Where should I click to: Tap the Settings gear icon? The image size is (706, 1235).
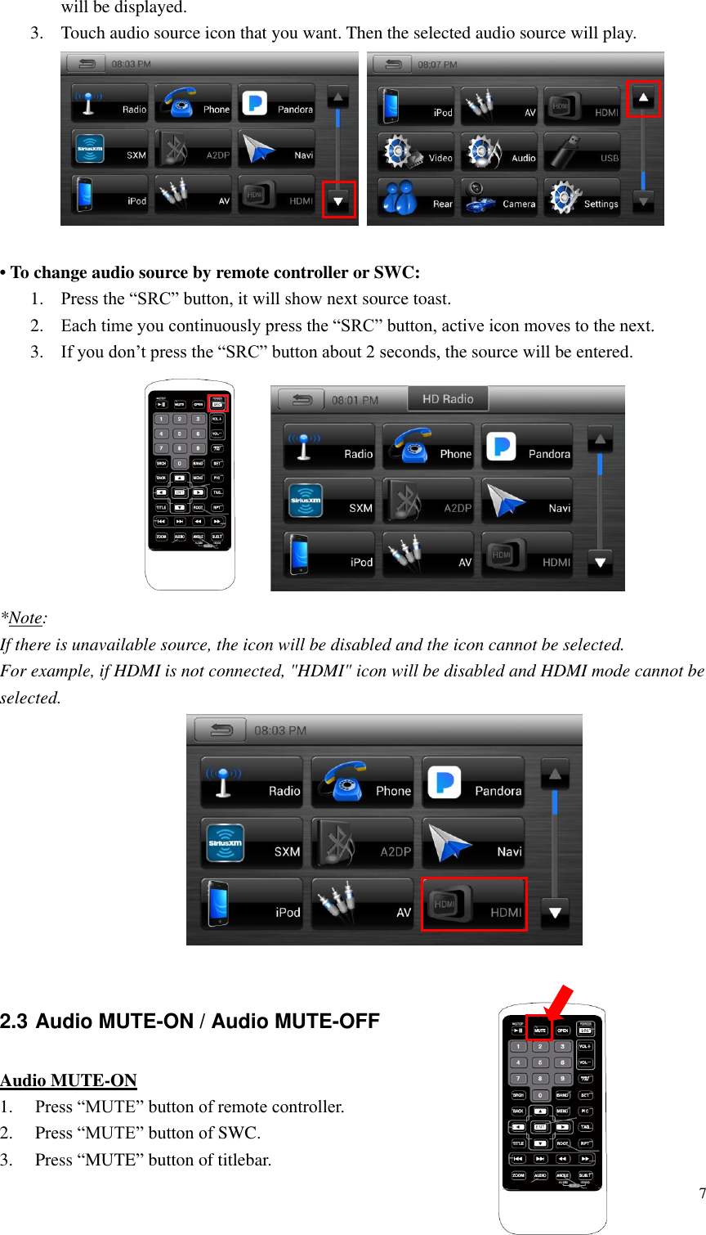point(582,198)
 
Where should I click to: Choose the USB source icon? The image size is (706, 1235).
point(582,152)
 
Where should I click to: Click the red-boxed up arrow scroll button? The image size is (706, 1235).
point(643,98)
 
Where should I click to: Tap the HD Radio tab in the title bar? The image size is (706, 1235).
point(447,399)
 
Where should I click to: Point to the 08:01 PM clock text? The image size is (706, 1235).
point(355,400)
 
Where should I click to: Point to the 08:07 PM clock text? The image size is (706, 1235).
point(437,64)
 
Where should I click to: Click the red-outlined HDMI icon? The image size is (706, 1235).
point(474,905)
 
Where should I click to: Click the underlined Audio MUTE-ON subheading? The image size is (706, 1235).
point(69,1080)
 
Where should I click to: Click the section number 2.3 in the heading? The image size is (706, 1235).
point(14,1022)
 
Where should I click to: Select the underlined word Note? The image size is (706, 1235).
point(25,618)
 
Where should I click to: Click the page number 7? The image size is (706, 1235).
point(702,1193)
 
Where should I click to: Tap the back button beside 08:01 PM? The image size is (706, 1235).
point(302,400)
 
